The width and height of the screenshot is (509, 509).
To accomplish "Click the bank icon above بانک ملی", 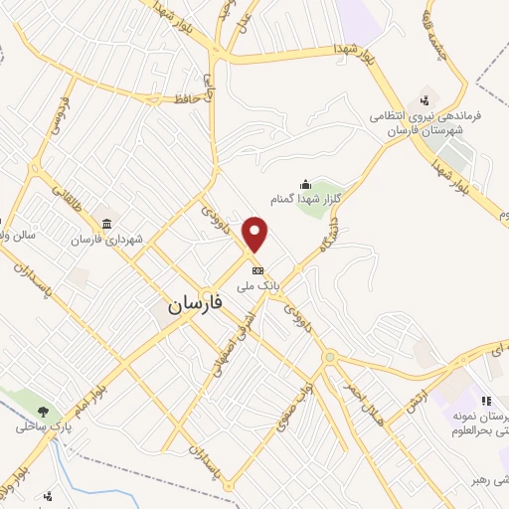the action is [257, 270].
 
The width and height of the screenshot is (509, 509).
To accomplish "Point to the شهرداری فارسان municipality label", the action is [108, 240].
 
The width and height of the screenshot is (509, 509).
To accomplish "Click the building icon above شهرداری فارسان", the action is [107, 223].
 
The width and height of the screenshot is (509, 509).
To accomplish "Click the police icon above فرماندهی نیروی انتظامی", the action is [425, 98].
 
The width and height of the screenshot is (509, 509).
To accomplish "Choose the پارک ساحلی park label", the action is [38, 427].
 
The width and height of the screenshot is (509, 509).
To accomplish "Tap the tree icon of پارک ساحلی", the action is [42, 410].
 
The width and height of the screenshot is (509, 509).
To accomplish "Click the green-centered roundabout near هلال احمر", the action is [329, 357].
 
